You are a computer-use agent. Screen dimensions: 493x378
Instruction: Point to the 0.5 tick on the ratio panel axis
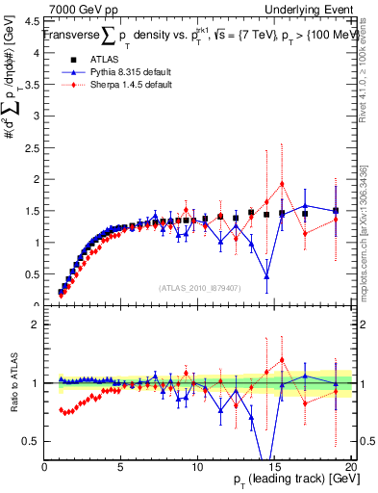(x=34, y=441)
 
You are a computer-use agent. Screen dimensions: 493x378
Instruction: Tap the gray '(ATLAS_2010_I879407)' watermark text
(x=199, y=286)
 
